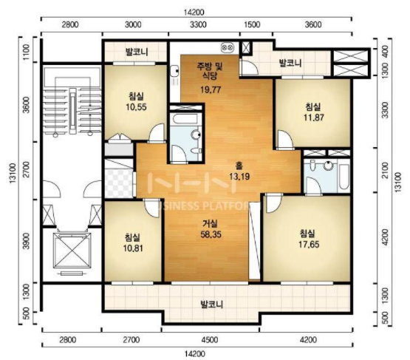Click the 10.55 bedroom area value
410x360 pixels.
pos(136,107)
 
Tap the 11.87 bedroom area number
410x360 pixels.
pos(313,118)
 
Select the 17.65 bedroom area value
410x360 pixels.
pos(309,245)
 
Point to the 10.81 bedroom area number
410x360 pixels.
pos(133,248)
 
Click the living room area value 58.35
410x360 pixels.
pos(211,234)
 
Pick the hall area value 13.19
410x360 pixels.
pos(239,177)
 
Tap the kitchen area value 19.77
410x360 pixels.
pos(211,89)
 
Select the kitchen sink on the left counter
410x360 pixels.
pos(174,71)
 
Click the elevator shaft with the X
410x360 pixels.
pos(72,251)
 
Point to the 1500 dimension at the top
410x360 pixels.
pos(253,24)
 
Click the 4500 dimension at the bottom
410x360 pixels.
pos(210,340)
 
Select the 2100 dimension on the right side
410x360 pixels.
pos(386,170)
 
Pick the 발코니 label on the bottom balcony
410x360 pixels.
pos(211,305)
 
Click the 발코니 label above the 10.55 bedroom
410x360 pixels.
pos(137,52)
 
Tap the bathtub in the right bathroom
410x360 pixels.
pos(344,177)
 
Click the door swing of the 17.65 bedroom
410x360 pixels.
pos(273,203)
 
